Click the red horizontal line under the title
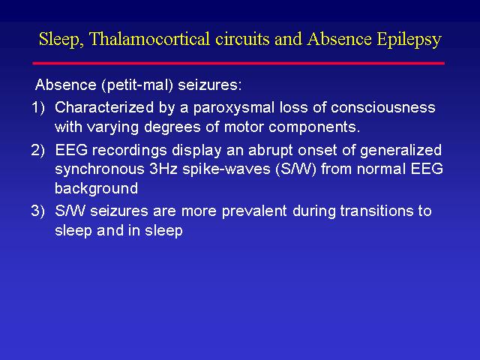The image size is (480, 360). tap(238, 63)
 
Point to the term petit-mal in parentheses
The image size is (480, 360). tap(137, 85)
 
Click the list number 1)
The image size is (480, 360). tap(38, 108)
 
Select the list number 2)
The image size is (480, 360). tap(38, 150)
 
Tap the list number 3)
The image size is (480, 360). tap(38, 211)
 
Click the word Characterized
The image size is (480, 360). tap(104, 107)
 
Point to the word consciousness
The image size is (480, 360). tap(383, 108)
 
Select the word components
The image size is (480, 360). tap(314, 127)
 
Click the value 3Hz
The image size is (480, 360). tap(163, 169)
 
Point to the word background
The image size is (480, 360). tap(97, 189)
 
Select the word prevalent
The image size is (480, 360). tap(254, 211)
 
